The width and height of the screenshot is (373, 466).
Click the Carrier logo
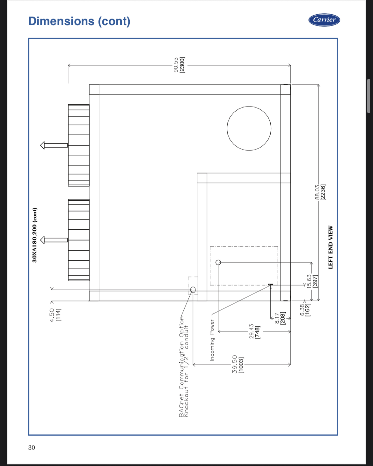pos(324,20)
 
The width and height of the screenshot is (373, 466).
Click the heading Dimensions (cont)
pos(79,21)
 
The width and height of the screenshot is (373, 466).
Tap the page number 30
pos(31,448)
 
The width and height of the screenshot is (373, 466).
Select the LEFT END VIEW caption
pos(330,247)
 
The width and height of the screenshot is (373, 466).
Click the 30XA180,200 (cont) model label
pos(35,235)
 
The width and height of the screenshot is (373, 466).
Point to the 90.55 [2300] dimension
pos(179,65)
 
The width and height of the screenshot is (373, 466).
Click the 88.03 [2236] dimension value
pos(320,193)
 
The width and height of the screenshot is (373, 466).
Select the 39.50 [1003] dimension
pos(238,364)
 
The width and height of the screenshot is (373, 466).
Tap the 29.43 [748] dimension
pos(255,331)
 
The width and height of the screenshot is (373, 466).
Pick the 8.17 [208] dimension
pos(280,318)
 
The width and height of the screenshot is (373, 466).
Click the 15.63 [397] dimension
pos(312,281)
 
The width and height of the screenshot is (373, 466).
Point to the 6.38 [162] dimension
pos(305,310)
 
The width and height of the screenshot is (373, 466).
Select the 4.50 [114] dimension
pos(55,315)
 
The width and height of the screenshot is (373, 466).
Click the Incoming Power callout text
pos(212,340)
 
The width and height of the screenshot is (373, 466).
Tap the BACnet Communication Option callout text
pos(184,367)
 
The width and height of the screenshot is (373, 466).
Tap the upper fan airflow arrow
pos(54,145)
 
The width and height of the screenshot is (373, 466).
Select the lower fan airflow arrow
pos(54,240)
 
